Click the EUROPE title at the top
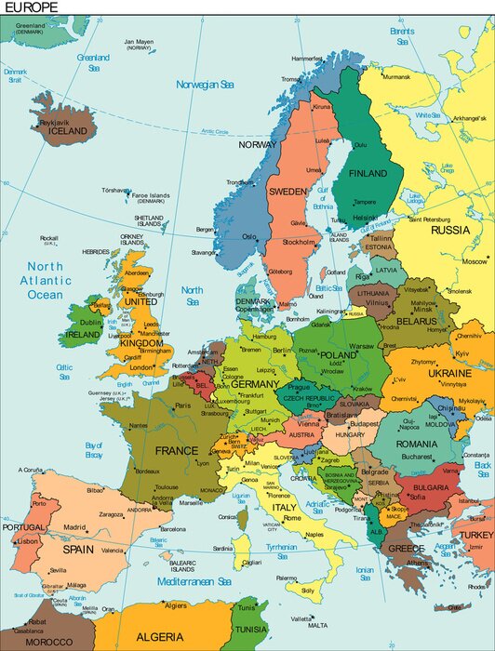[31, 7]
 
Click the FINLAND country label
[368, 173]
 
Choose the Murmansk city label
[395, 76]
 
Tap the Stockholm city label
[299, 242]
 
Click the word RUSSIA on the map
[450, 230]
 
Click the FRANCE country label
[176, 451]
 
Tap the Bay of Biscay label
[93, 450]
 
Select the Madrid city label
[75, 527]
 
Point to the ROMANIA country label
[416, 445]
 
